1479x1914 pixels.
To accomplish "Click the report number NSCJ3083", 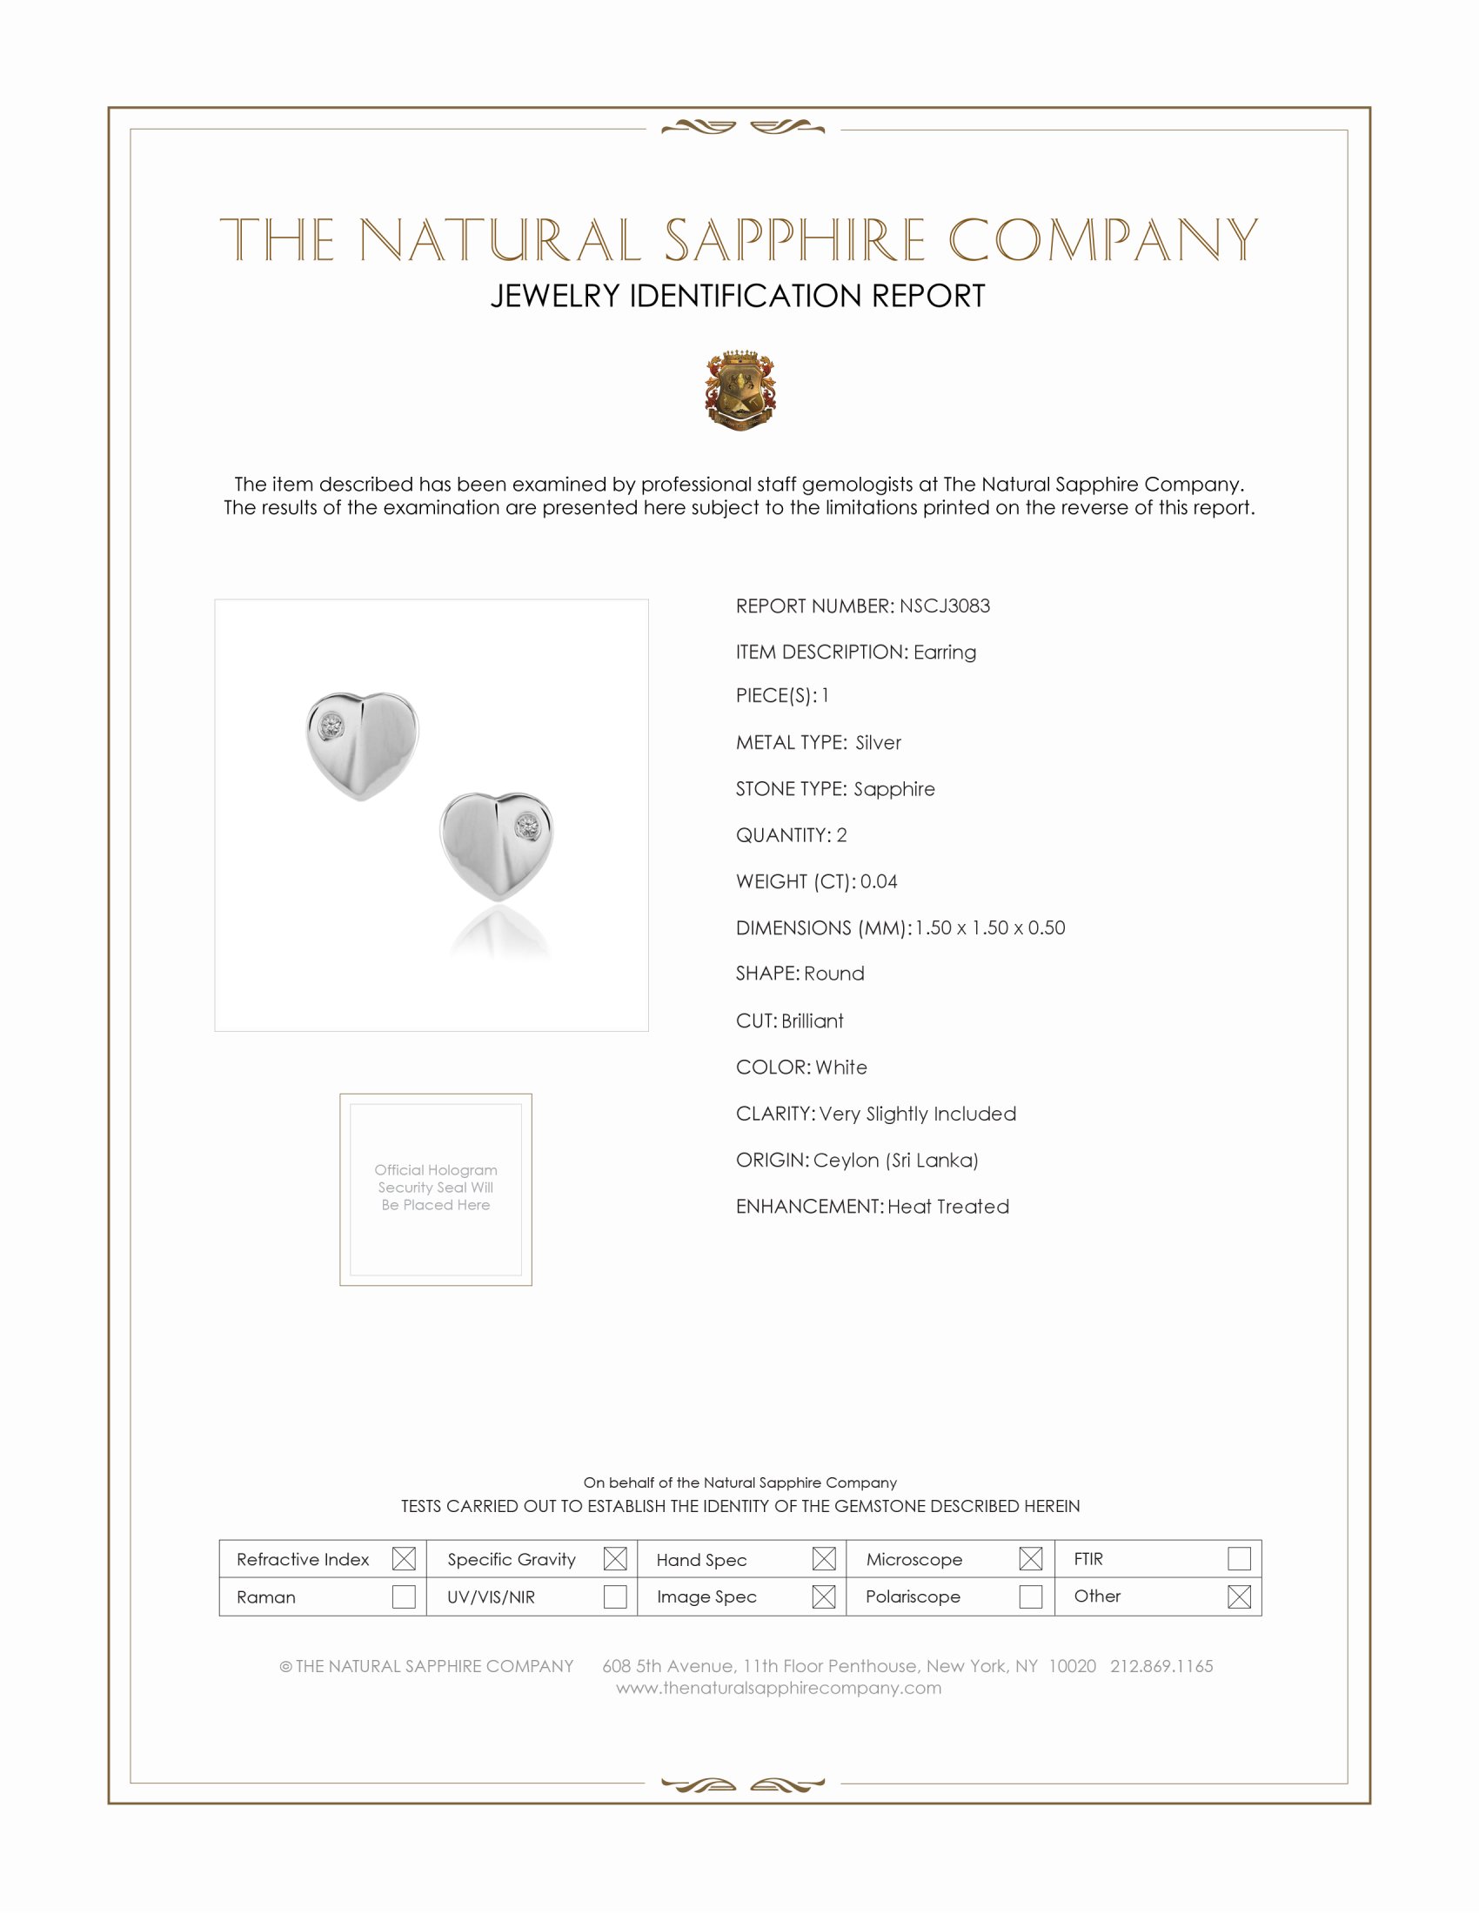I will click(x=944, y=606).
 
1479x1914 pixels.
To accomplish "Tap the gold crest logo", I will click(x=739, y=390).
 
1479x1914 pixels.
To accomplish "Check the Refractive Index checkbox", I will click(x=403, y=1558).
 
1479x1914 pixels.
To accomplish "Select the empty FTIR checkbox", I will click(x=1238, y=1558).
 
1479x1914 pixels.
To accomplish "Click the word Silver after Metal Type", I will click(x=878, y=742).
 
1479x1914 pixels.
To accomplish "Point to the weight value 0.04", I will click(x=878, y=880).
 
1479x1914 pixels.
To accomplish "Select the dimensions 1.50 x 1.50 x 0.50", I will click(x=989, y=927).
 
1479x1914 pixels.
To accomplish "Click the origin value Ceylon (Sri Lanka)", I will click(x=894, y=1160).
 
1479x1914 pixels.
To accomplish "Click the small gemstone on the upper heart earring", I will click(x=331, y=726).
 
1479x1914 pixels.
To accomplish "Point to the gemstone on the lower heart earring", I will click(x=526, y=826).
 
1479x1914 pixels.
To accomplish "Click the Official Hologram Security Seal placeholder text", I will click(x=436, y=1187).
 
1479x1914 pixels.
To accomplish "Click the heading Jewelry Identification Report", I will click(x=738, y=296).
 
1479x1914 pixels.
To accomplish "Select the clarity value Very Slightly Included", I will click(x=917, y=1113).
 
